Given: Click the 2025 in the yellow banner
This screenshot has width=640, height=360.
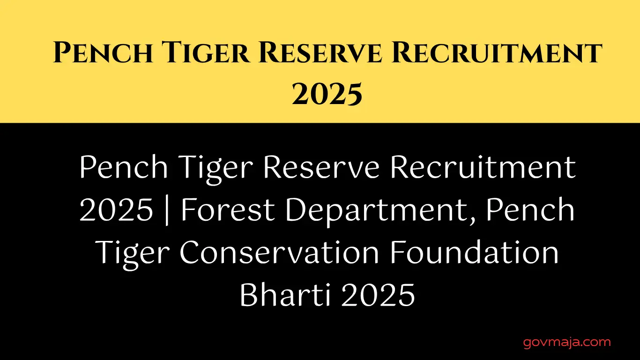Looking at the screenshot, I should [327, 93].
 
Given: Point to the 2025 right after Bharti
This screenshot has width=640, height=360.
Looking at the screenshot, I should [378, 295].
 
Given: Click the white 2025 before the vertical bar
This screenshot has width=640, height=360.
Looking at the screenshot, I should [117, 211].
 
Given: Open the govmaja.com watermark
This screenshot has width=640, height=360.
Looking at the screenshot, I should [567, 343].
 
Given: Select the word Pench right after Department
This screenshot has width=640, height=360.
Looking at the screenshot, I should [530, 211].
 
